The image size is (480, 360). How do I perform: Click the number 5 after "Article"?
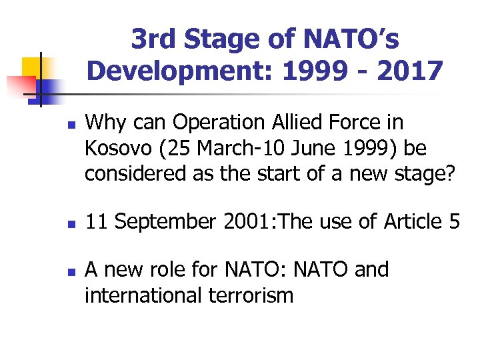tap(453, 221)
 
